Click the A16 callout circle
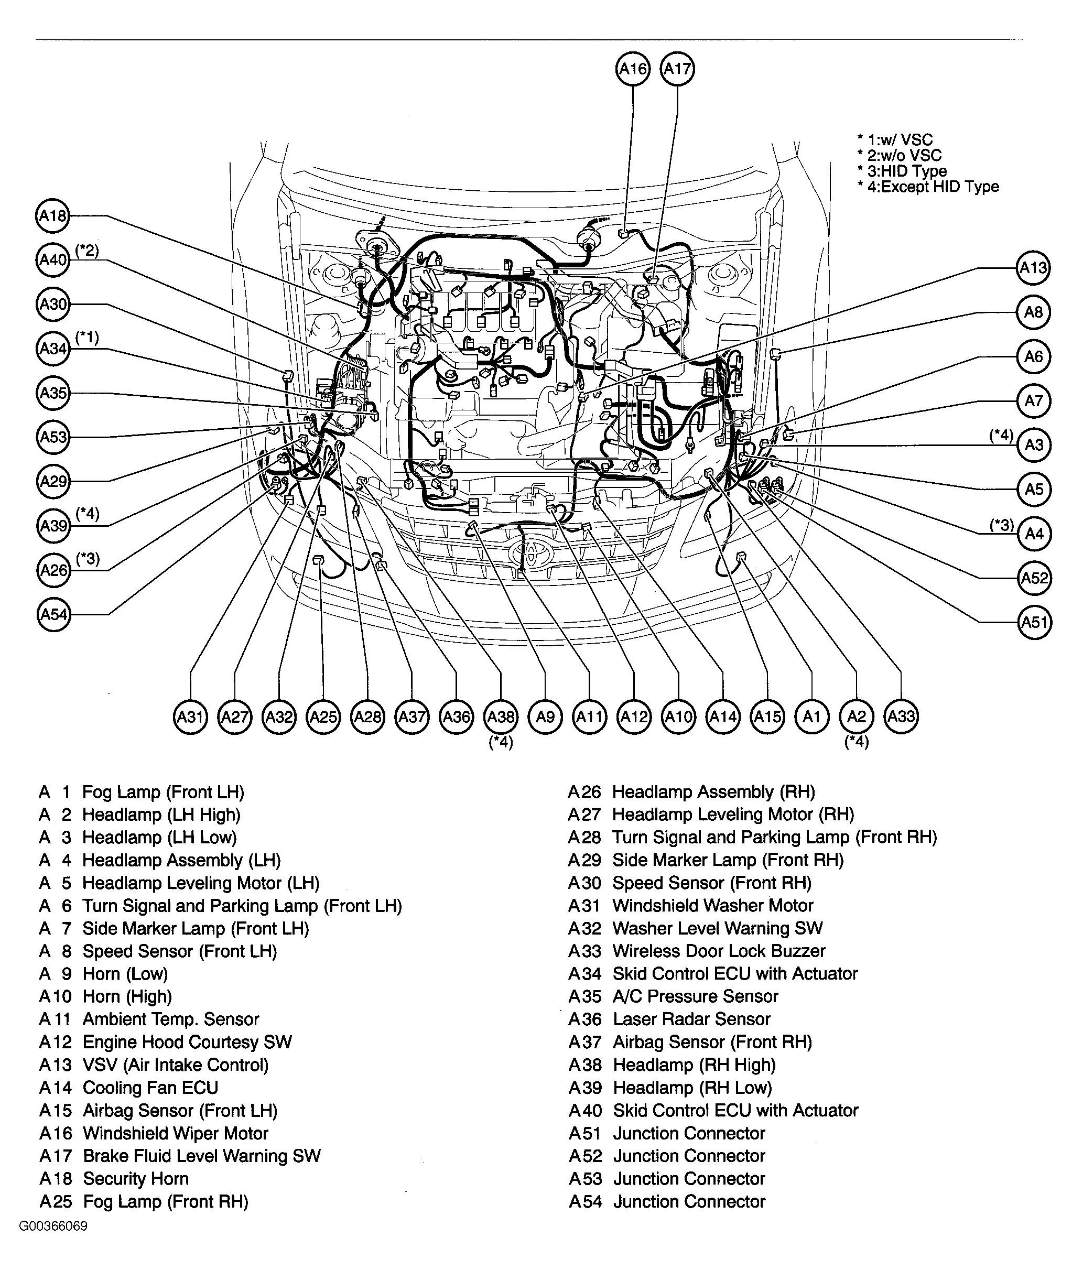click(633, 69)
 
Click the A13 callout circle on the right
click(1033, 267)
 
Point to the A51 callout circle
click(1034, 622)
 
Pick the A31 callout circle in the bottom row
click(190, 717)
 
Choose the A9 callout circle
click(545, 717)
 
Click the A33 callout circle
click(901, 717)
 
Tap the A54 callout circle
click(53, 614)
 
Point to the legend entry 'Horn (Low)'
click(125, 974)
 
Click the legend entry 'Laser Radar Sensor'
click(691, 1019)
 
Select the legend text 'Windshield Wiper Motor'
click(175, 1133)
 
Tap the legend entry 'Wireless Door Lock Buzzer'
click(718, 951)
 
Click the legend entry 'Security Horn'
click(136, 1179)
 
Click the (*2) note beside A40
click(87, 251)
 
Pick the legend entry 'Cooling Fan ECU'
click(150, 1088)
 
